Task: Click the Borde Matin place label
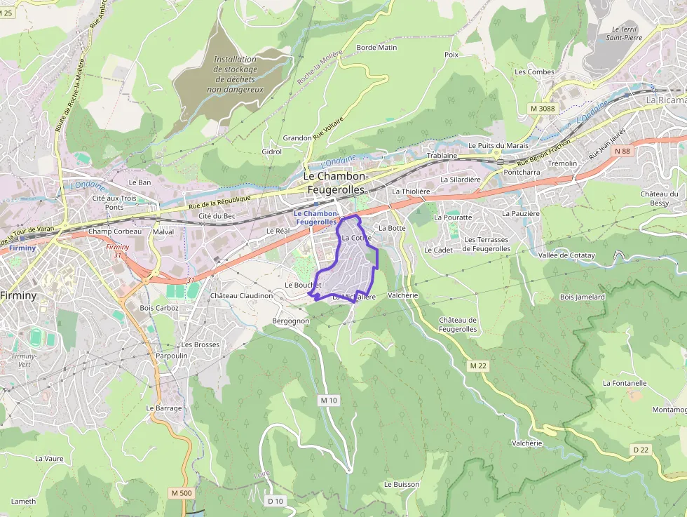click(376, 48)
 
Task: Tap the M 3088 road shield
click(542, 108)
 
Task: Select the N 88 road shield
click(621, 151)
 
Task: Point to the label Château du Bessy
click(659, 199)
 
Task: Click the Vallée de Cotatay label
click(566, 255)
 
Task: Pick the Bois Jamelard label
click(582, 297)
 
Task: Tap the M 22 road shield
click(478, 366)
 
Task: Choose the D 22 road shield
click(641, 450)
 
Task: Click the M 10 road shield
click(328, 400)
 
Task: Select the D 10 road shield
click(276, 501)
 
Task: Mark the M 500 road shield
click(181, 493)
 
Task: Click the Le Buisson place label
click(401, 485)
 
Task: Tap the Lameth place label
click(23, 502)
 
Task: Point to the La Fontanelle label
click(624, 383)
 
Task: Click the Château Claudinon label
click(241, 296)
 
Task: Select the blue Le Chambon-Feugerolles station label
click(315, 217)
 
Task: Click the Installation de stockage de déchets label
click(236, 74)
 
